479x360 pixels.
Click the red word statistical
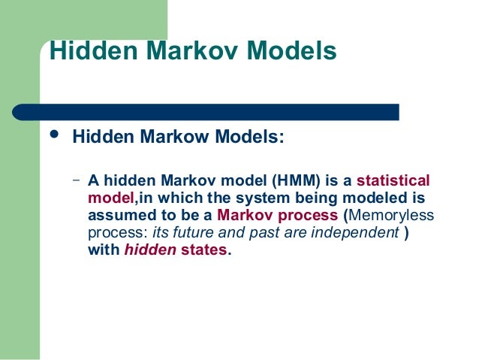coord(393,181)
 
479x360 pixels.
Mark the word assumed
coord(118,216)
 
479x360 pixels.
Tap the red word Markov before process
coord(242,216)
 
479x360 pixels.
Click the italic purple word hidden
coord(149,250)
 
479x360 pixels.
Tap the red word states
coord(203,250)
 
